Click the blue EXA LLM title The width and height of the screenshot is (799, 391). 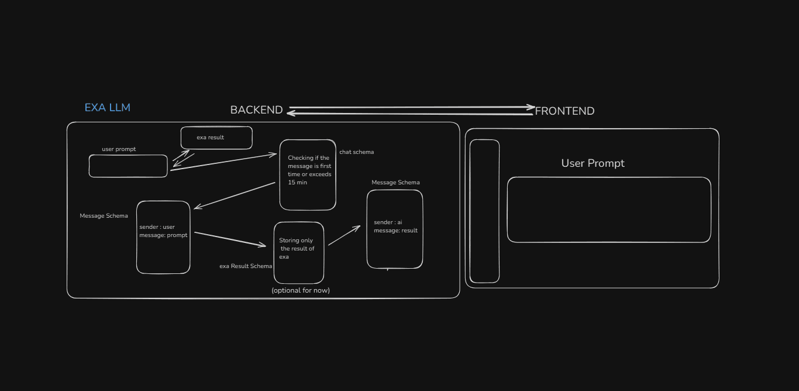107,108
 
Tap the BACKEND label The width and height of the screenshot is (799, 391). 256,110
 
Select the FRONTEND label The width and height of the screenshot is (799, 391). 564,111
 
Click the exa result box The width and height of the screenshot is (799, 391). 216,138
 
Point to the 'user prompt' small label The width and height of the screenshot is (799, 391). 119,149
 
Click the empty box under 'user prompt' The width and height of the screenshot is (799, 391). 128,166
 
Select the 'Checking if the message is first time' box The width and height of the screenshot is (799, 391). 308,174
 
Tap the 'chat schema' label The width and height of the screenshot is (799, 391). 356,152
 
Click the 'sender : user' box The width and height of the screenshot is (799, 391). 163,237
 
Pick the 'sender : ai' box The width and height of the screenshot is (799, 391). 395,229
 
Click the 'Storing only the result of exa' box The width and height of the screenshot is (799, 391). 299,252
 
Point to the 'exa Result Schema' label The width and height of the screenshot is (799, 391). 246,266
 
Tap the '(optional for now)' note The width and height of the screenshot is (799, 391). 301,290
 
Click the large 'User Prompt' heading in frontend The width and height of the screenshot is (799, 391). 593,163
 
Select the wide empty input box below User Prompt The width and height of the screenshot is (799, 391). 609,210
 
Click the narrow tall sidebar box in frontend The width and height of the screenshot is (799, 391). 485,211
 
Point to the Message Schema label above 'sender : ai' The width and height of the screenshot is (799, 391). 395,183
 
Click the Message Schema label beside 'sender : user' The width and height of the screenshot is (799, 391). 104,216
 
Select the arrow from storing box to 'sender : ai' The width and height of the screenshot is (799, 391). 344,235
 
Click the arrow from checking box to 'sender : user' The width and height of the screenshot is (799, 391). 235,195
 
